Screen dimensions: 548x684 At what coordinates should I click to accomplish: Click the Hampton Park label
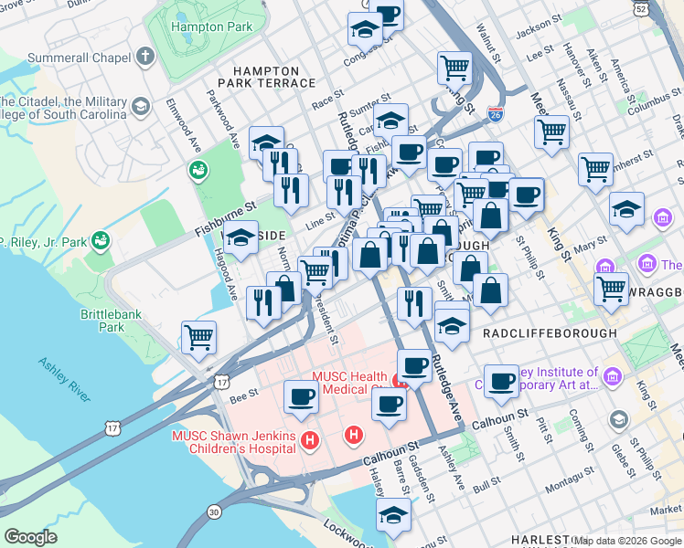(213, 27)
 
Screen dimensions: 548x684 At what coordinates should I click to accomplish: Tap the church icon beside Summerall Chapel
(144, 58)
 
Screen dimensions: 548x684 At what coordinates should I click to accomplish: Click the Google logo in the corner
(30, 537)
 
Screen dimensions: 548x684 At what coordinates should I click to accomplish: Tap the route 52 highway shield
(668, 9)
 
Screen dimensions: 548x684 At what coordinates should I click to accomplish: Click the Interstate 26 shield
(495, 114)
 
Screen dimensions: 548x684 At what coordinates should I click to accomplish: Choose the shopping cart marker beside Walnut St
(454, 66)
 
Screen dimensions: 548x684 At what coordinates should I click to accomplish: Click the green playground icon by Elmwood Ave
(198, 170)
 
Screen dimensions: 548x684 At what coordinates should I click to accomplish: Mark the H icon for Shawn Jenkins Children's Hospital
(310, 441)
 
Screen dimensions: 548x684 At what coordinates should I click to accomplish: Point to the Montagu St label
(570, 483)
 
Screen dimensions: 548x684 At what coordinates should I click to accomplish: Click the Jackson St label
(537, 31)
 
